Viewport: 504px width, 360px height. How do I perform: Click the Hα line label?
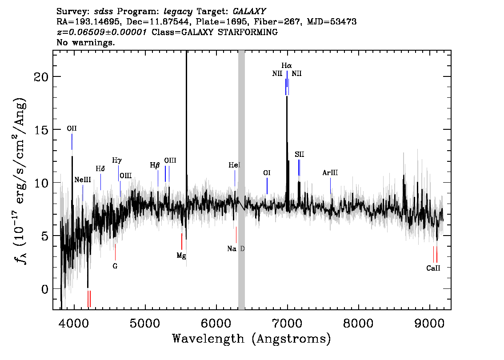click(x=287, y=66)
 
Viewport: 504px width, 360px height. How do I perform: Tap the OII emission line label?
click(x=72, y=128)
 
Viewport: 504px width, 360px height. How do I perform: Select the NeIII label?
click(x=83, y=180)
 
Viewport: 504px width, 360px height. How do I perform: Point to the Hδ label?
click(x=100, y=169)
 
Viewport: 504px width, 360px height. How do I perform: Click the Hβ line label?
click(x=155, y=165)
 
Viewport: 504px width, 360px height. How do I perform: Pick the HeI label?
click(x=234, y=165)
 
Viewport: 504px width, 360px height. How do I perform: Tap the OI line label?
click(x=267, y=173)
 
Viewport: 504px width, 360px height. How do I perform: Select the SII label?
click(x=299, y=155)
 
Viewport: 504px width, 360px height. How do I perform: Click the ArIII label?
click(x=330, y=173)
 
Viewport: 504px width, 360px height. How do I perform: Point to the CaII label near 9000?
click(x=433, y=268)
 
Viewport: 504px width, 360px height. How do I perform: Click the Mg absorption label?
click(x=181, y=256)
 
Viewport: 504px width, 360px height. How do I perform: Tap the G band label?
click(x=115, y=266)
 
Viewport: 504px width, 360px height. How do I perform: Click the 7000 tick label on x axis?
click(x=287, y=323)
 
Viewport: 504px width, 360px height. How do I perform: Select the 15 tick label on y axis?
click(x=41, y=130)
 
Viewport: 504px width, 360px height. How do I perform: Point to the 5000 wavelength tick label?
click(x=145, y=323)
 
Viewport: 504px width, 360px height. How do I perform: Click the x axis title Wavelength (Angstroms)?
click(x=252, y=339)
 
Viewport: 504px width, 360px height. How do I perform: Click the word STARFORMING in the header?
click(x=248, y=32)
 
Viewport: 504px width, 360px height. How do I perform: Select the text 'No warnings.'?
click(x=86, y=42)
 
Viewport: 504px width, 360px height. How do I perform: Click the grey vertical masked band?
click(x=241, y=180)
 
